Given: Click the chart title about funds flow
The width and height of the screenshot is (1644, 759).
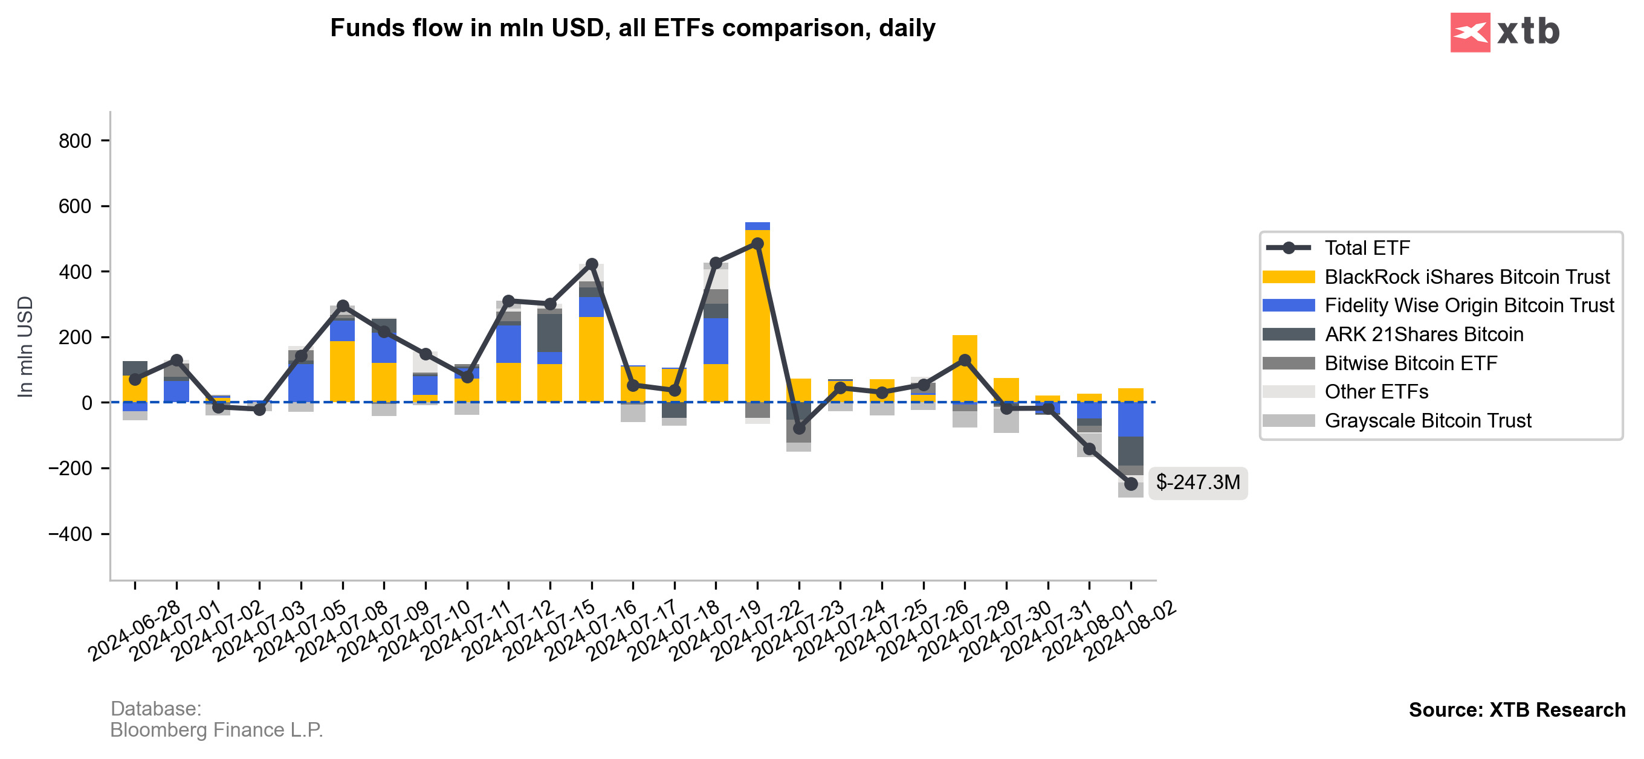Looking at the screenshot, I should pyautogui.click(x=632, y=28).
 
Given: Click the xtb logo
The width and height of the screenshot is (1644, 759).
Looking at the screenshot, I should pyautogui.click(x=1504, y=32).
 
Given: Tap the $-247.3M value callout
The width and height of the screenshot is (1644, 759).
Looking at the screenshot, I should pyautogui.click(x=1197, y=482).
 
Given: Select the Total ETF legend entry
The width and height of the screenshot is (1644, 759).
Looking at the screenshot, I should pyautogui.click(x=1367, y=248).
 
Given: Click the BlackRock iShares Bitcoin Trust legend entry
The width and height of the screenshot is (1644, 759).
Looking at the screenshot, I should pyautogui.click(x=1466, y=277).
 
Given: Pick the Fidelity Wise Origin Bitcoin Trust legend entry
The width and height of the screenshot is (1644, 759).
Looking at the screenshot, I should pyautogui.click(x=1469, y=306).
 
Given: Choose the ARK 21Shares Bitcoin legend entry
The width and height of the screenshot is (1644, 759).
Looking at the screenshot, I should pyautogui.click(x=1423, y=335).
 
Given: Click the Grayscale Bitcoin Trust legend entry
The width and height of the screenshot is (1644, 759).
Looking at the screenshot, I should pyautogui.click(x=1427, y=421).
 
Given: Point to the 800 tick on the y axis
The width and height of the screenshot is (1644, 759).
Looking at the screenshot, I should pyautogui.click(x=76, y=141).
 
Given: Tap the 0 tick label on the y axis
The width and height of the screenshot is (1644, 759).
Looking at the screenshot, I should pyautogui.click(x=87, y=403).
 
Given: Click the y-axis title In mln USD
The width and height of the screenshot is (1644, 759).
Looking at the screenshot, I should pyautogui.click(x=25, y=347).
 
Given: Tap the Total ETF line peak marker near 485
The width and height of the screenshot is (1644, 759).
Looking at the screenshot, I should pyautogui.click(x=757, y=244).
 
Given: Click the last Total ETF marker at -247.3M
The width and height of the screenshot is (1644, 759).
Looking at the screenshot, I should pyautogui.click(x=1131, y=484).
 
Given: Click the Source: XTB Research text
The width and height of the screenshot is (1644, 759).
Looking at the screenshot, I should pyautogui.click(x=1516, y=710).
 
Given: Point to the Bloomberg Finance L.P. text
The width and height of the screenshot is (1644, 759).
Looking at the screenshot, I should pyautogui.click(x=216, y=729).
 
